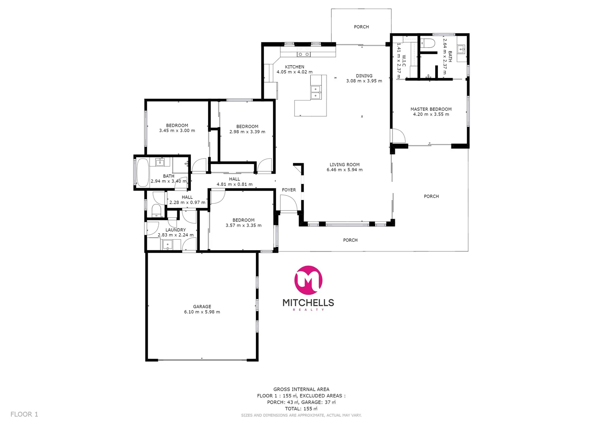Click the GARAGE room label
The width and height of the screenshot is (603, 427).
[202, 306]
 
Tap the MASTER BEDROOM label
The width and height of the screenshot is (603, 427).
[431, 109]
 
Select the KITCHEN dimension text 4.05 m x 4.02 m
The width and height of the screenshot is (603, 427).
[294, 72]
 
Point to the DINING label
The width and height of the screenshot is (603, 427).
[364, 76]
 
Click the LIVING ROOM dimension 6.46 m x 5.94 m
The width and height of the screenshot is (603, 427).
[344, 170]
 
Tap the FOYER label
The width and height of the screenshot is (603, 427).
[289, 190]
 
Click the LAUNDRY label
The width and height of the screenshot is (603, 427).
[175, 230]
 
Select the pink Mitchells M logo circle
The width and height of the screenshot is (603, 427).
[308, 280]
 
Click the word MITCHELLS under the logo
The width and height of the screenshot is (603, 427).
[308, 303]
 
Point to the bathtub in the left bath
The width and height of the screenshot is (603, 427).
[142, 172]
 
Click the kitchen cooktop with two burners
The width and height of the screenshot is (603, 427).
[304, 54]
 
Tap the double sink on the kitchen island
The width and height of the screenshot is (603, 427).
[316, 92]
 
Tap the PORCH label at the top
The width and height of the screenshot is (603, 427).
[361, 27]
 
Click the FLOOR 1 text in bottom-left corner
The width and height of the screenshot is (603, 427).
[24, 414]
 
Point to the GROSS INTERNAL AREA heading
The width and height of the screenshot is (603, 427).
[301, 389]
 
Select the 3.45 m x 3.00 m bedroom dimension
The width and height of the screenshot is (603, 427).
[177, 130]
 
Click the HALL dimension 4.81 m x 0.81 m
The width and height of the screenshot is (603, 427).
[235, 184]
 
